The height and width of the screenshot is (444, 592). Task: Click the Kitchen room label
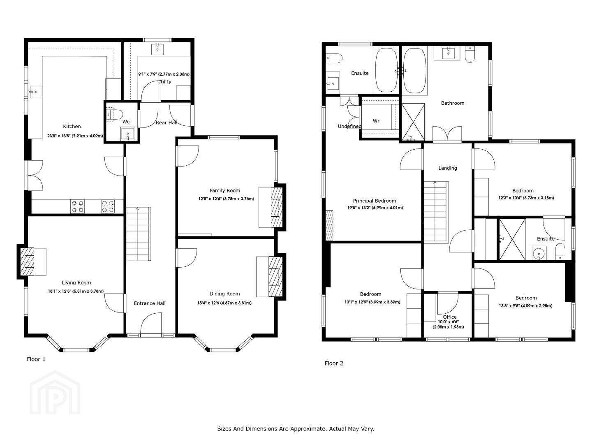coord(72,127)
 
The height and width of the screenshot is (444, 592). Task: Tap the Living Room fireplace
coord(28,261)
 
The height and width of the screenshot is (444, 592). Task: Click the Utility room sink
coord(157,49)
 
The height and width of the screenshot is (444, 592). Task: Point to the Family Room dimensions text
coord(226,199)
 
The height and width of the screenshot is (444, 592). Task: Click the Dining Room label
coord(224,294)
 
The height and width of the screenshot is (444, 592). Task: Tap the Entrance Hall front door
coord(151,324)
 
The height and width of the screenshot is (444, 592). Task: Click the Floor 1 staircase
coord(139,234)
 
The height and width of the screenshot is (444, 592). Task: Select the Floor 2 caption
coord(334,363)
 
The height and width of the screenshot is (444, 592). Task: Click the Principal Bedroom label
coord(375,201)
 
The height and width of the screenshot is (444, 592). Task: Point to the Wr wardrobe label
coord(376,121)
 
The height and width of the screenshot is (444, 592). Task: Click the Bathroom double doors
coord(447,134)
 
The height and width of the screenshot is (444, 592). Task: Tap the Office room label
coord(450,317)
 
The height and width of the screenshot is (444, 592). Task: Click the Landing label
coord(448,168)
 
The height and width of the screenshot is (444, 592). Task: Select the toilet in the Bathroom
coord(470,55)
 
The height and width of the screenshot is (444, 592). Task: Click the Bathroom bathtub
coord(415,71)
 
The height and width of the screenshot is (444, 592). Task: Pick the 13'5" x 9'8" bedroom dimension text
coord(526,306)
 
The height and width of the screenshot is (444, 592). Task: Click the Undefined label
coord(349,127)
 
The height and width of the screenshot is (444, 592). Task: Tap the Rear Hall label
coord(166,123)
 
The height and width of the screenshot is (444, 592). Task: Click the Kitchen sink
coord(35,92)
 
